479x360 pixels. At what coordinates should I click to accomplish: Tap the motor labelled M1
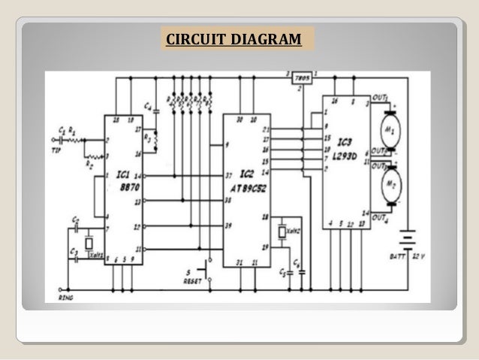[x=389, y=129]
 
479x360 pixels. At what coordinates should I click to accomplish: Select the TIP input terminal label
[x=56, y=148]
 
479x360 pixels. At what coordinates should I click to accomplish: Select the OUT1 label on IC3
[x=381, y=98]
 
